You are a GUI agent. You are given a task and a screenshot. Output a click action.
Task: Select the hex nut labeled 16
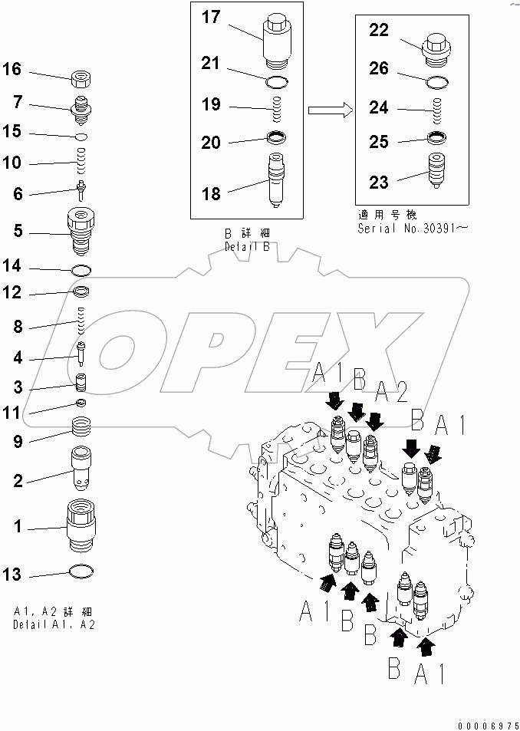coord(82,77)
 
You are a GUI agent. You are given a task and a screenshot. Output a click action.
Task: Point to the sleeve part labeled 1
coord(82,525)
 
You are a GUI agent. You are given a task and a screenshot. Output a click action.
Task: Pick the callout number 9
coord(18,441)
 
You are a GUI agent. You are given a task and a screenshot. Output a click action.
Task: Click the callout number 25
coord(379,142)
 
